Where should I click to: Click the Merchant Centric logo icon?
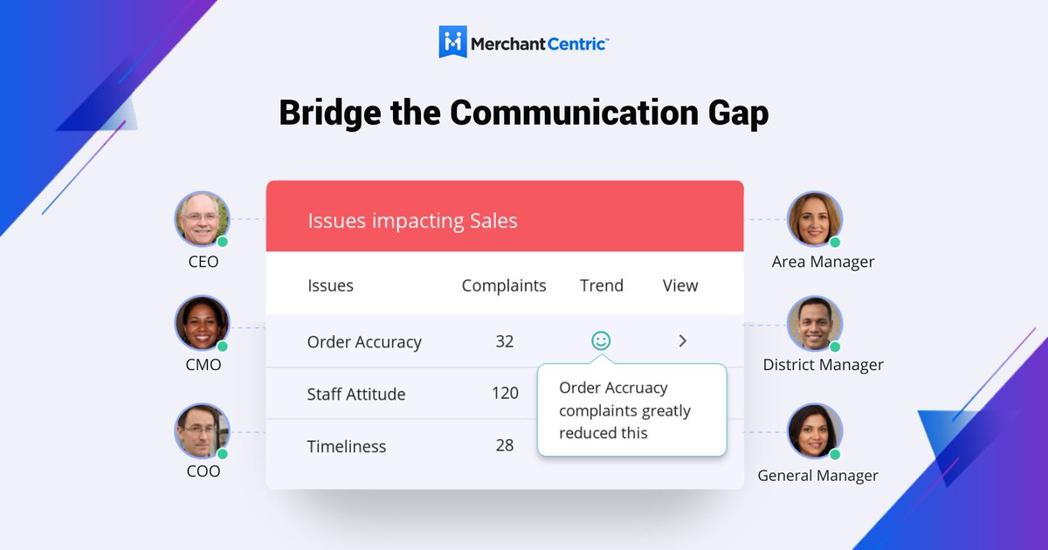coord(452,41)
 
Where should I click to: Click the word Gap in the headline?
coord(735,113)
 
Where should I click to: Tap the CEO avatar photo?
coord(201,218)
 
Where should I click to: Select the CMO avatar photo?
coord(201,323)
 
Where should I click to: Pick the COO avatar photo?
coord(201,430)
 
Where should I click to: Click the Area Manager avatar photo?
coord(814,219)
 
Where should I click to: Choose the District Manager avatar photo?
coord(814,323)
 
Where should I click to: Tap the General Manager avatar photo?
coord(814,430)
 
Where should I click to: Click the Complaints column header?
coord(504,285)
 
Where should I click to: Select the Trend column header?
coord(602,285)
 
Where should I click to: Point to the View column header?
coord(680,285)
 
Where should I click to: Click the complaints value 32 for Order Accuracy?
coord(505,341)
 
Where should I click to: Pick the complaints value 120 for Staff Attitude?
coord(505,393)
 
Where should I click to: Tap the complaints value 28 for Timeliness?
coord(505,445)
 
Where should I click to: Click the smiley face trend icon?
coord(601,340)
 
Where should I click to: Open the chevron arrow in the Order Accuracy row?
coord(683,340)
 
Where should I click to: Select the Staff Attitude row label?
coord(356,394)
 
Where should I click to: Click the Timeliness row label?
coord(347,446)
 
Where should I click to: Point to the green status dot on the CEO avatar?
coord(223,242)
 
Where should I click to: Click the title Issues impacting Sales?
coord(412,221)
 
